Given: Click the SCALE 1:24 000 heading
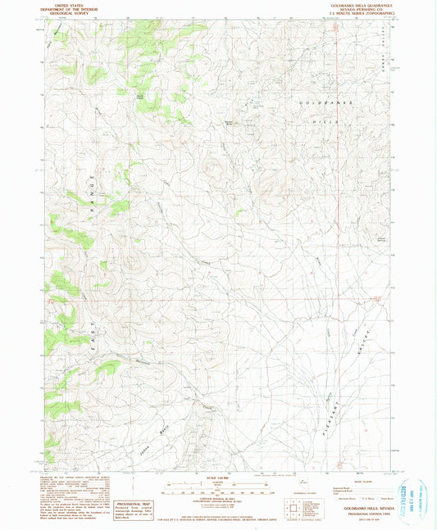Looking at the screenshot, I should coord(217,478).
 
